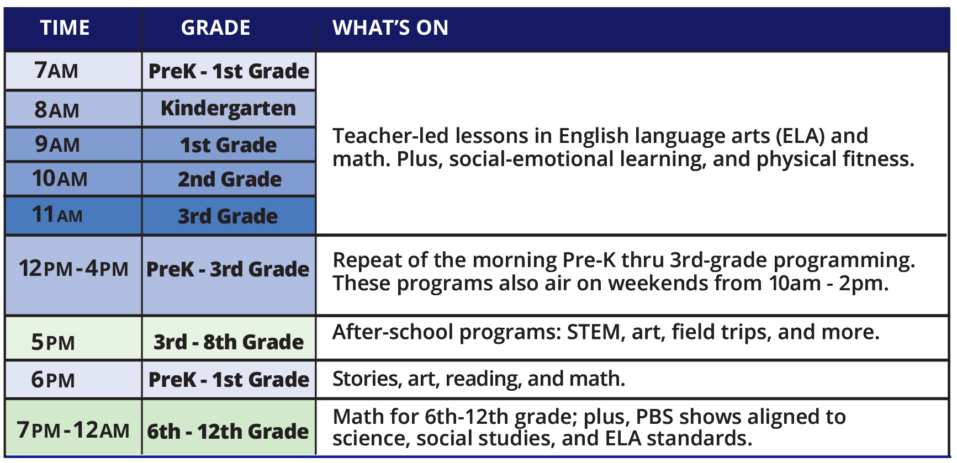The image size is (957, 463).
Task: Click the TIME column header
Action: pos(65,28)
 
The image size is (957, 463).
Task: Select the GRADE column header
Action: pos(216,28)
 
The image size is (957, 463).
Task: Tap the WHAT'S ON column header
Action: pos(390,28)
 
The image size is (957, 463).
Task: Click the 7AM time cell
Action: pos(73,71)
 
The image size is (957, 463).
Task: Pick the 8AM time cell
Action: pos(73,109)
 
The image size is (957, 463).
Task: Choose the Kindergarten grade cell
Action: pos(229,109)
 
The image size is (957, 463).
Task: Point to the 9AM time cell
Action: pos(73,145)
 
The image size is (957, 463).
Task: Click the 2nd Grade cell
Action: pos(229,179)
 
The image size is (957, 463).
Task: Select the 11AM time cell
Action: pos(73,215)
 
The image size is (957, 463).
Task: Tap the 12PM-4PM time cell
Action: pos(73,275)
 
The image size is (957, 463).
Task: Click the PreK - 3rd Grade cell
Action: pos(229,275)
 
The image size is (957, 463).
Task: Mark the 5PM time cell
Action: pos(73,338)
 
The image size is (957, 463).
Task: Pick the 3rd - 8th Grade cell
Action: pos(229,338)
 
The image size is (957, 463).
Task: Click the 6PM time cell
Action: pos(73,380)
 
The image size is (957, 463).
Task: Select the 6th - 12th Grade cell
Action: pos(229,427)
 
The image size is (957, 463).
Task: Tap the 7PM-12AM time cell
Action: pos(73,427)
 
